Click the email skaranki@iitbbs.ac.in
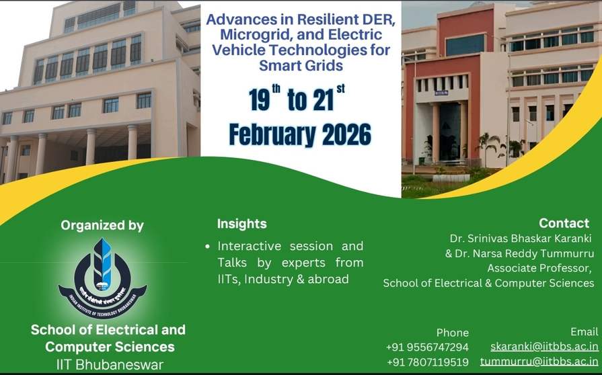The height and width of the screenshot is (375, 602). coord(544,347)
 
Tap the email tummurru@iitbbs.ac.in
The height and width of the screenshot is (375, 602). coord(539,362)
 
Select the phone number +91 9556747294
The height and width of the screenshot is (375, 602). coord(427,347)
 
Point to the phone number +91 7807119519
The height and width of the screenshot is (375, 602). coord(428,362)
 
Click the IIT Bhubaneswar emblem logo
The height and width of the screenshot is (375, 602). coord(102,278)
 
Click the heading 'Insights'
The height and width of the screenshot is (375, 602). coord(242,224)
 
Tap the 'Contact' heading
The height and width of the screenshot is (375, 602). coord(564,222)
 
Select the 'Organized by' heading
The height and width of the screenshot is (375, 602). coord(102,225)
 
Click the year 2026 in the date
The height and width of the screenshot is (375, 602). coord(346,134)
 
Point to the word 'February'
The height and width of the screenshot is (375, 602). coord(272,135)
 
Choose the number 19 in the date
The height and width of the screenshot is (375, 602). coord(259,99)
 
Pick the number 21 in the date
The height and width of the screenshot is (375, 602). coord(323,99)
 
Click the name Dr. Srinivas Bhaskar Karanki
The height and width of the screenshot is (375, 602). coord(521,239)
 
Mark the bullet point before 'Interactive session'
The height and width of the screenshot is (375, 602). coord(208,247)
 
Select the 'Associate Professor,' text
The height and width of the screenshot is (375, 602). coord(539,268)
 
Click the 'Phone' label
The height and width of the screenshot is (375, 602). coord(452,333)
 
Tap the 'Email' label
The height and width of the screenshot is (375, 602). coord(585,332)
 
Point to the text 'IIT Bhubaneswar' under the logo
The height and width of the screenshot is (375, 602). coord(110,364)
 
